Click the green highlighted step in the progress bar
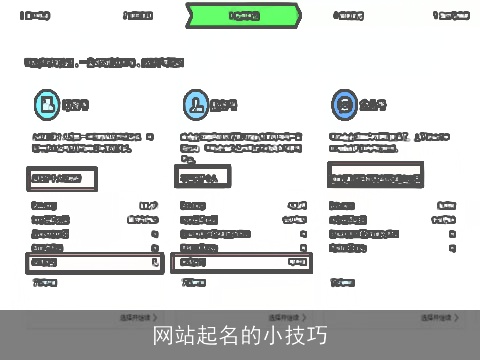tap(243, 16)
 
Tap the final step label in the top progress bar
tap(449, 16)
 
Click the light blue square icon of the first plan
tap(45, 103)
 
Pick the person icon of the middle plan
tap(195, 103)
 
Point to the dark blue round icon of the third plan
tap(344, 103)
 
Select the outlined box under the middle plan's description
tap(203, 177)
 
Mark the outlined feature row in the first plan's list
tap(95, 262)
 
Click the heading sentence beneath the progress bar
tap(104, 62)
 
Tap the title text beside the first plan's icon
tap(76, 104)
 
